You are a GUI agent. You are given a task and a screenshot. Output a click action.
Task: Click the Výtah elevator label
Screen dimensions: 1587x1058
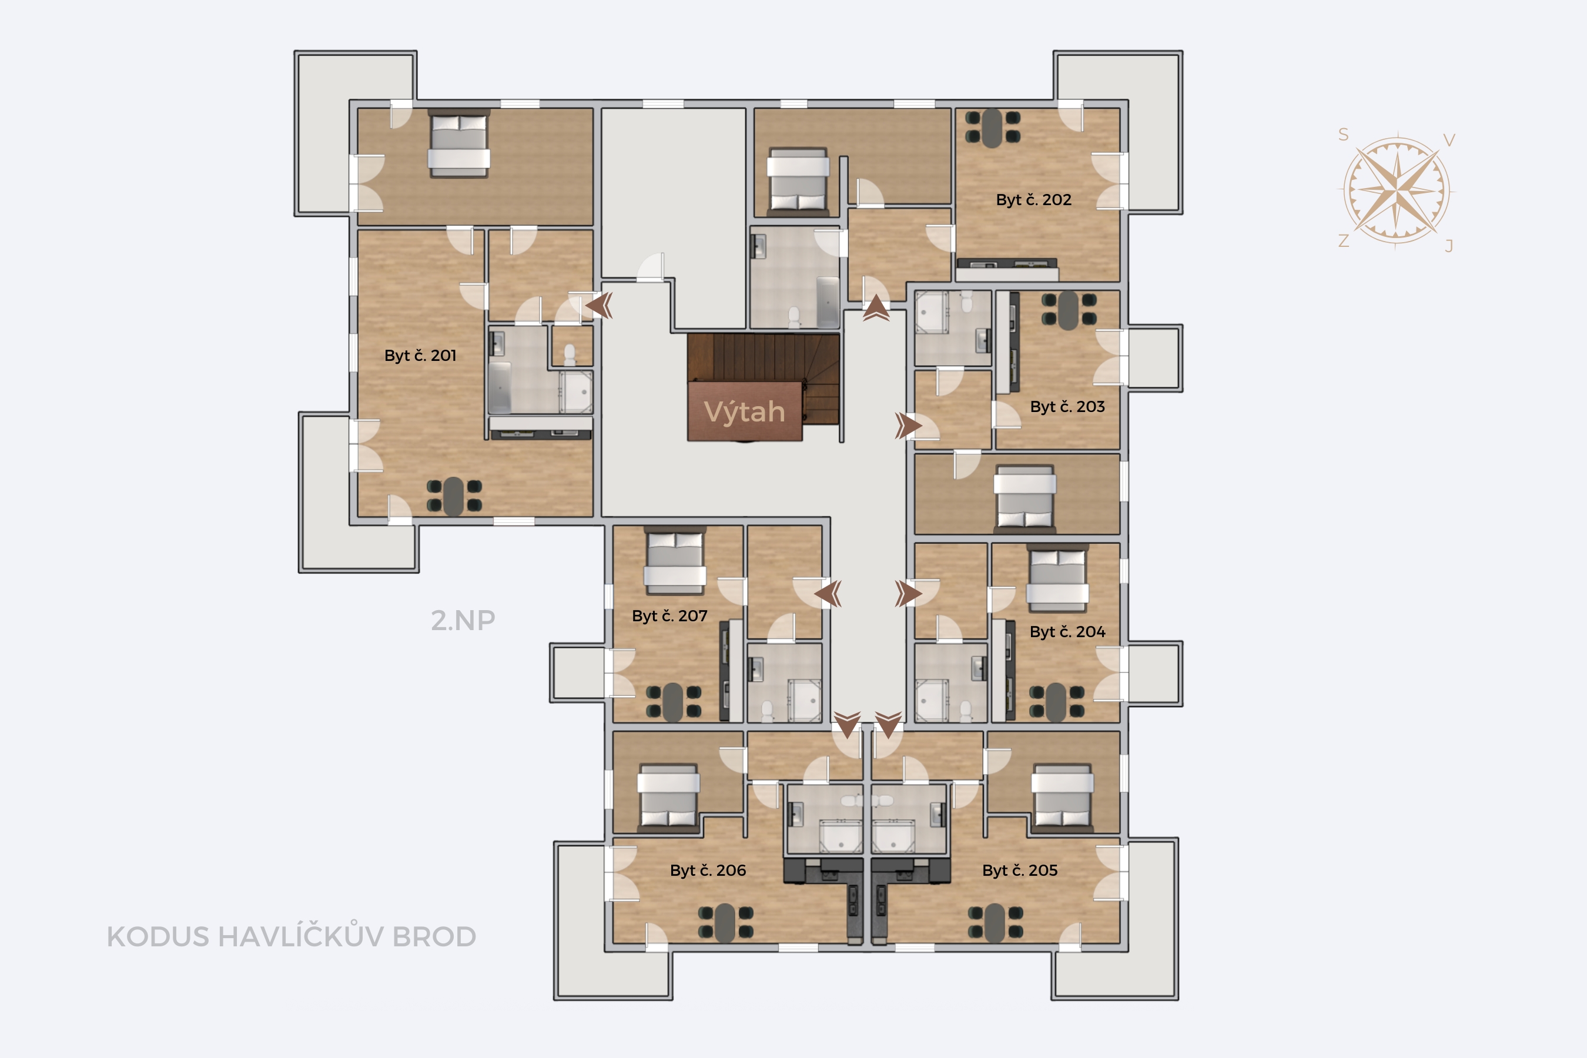[x=744, y=411]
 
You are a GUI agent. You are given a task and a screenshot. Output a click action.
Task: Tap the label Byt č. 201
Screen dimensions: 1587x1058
[x=420, y=356]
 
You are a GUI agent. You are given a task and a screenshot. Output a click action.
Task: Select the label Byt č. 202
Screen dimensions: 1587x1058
[x=1034, y=200]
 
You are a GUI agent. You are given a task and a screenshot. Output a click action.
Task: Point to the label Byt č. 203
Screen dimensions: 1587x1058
[x=1067, y=407]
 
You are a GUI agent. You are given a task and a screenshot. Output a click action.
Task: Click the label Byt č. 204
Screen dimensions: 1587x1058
[x=1067, y=632]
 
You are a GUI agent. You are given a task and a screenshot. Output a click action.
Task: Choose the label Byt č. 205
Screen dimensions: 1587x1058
[x=1020, y=870]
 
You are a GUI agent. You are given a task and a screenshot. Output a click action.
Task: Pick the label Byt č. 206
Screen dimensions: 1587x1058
[x=708, y=870]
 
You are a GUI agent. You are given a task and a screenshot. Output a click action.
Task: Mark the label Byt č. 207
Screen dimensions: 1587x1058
[x=669, y=616]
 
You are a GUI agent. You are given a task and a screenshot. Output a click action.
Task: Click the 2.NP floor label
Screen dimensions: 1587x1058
[x=463, y=621]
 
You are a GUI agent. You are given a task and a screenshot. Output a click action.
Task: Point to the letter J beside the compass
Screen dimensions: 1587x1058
[x=1449, y=246]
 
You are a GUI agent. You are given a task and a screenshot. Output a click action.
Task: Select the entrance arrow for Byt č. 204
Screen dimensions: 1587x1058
[x=908, y=594]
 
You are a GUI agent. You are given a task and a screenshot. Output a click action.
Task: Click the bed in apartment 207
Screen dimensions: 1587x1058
[x=675, y=561]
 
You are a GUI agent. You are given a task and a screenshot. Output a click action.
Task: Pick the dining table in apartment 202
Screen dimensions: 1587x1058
[x=993, y=128]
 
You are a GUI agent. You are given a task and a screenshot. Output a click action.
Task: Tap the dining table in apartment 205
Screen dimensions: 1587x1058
[x=995, y=922]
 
